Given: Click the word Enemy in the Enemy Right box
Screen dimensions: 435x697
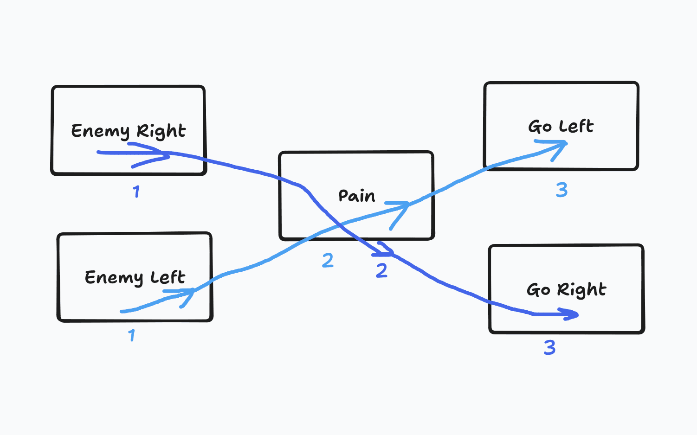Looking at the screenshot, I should point(100,131).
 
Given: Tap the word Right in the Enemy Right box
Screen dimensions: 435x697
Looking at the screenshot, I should point(161,131).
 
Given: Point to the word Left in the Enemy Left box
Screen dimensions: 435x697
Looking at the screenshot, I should point(168,277).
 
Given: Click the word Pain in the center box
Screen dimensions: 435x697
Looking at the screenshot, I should point(356,196).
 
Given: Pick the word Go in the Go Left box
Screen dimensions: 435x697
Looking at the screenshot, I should point(540,127).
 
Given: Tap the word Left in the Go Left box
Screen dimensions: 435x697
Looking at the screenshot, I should point(576,126).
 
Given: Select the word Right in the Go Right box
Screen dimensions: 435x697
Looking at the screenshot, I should point(581,290).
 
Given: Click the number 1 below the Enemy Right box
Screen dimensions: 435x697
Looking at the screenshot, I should point(136,192).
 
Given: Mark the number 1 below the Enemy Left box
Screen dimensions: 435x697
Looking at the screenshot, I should point(132,335).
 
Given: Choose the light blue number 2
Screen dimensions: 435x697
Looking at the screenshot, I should point(328,261).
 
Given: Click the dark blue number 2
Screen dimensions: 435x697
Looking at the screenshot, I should point(381,271).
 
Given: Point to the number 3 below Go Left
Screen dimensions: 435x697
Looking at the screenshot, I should point(561,190).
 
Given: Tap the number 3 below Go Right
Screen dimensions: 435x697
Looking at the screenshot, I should point(549,347).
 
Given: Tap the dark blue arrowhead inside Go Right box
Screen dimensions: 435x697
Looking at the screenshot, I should point(574,315).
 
